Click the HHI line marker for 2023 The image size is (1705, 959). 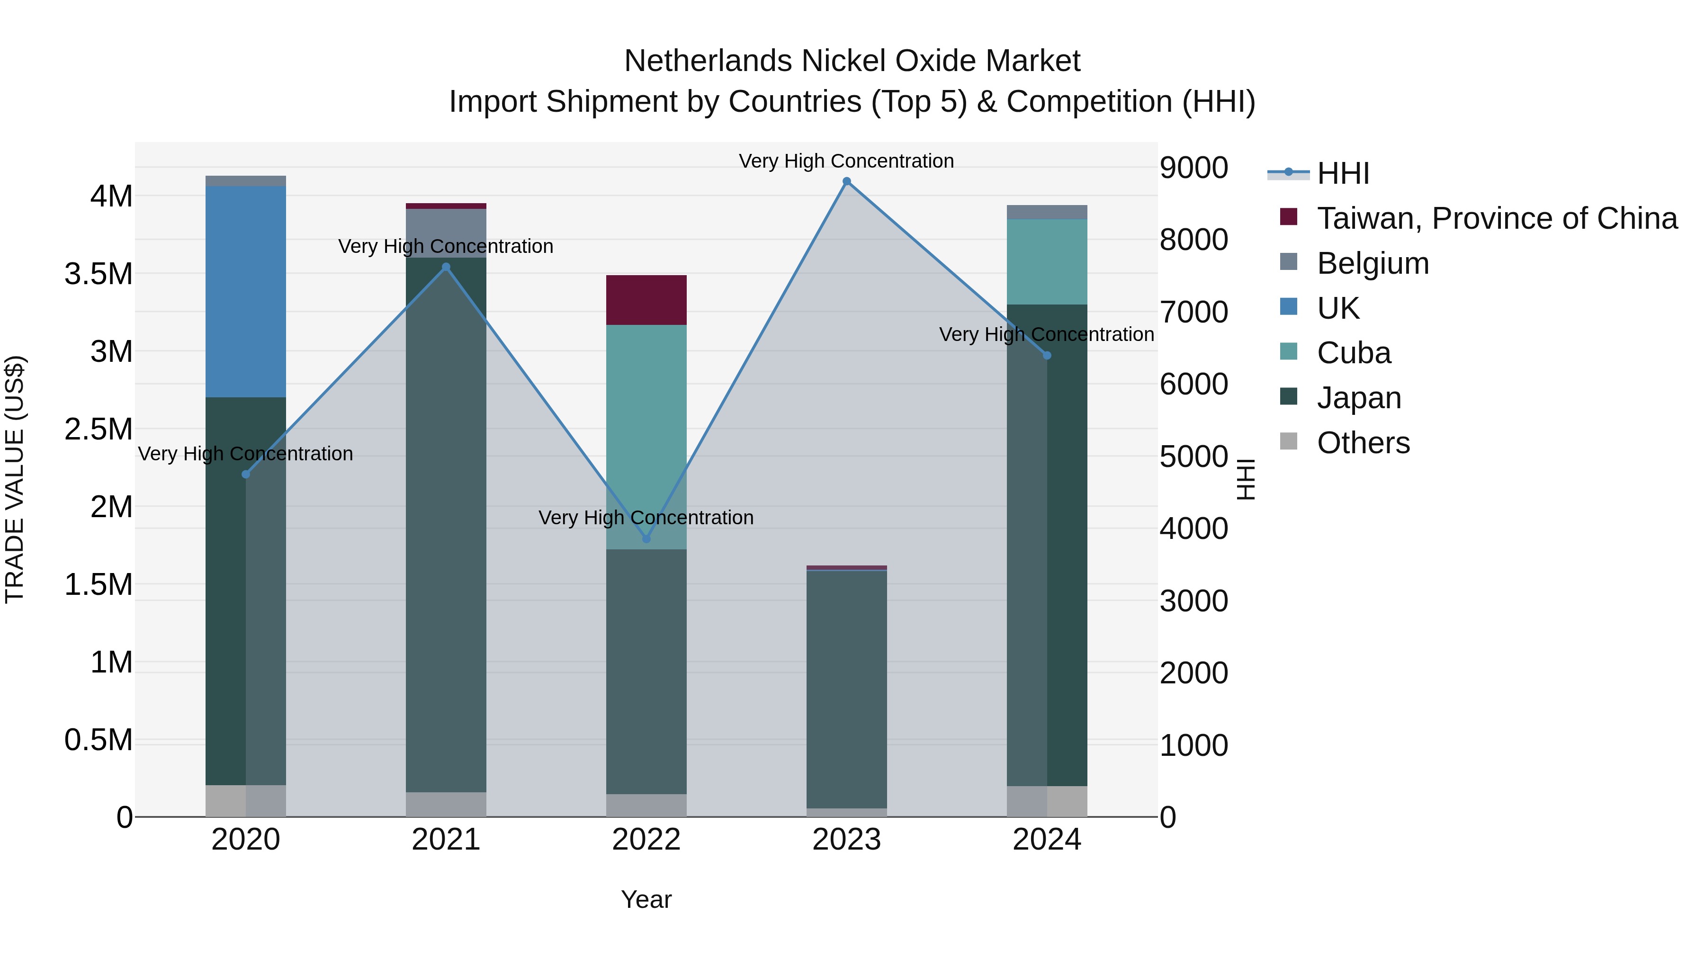[846, 181]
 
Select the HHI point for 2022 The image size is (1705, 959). [646, 539]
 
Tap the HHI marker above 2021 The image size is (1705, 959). [446, 268]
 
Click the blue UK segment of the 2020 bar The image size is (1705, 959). [245, 291]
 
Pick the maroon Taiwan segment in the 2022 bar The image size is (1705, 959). [646, 300]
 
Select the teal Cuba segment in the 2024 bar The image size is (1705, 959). [1046, 261]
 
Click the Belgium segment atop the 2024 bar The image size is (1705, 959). [1046, 212]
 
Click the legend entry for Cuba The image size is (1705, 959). [1354, 353]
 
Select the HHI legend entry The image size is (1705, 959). [1342, 173]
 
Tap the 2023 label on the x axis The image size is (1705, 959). [846, 840]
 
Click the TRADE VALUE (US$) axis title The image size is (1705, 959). [15, 479]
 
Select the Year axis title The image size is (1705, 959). [646, 899]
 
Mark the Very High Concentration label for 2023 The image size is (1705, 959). [846, 161]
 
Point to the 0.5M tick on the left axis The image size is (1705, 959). [99, 740]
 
